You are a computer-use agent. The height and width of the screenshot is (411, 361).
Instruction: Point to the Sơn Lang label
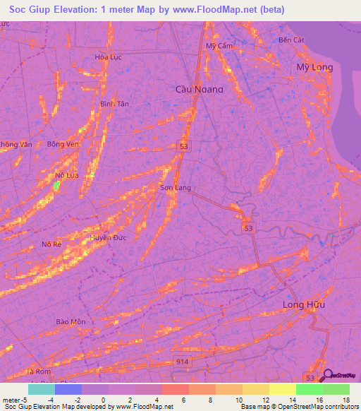coord(176,188)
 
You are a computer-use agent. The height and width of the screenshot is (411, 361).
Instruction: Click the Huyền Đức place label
coord(107,238)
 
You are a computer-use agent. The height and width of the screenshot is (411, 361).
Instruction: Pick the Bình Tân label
coord(114,103)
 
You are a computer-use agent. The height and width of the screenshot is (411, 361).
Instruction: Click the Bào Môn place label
coord(71,321)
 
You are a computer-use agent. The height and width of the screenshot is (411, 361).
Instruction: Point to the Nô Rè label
coord(52,244)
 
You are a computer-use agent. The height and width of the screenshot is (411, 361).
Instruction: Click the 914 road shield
coord(183,361)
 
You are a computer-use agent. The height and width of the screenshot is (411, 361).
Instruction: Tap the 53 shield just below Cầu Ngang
coord(183,145)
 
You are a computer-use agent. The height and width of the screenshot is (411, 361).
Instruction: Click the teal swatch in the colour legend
coord(42,389)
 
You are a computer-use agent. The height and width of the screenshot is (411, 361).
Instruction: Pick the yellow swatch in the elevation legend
coord(283,389)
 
